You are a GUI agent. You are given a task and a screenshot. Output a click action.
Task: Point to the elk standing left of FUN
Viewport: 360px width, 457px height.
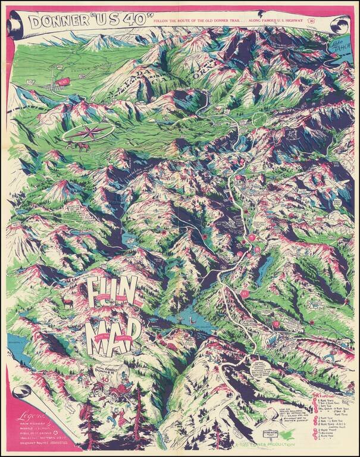(68, 302)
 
